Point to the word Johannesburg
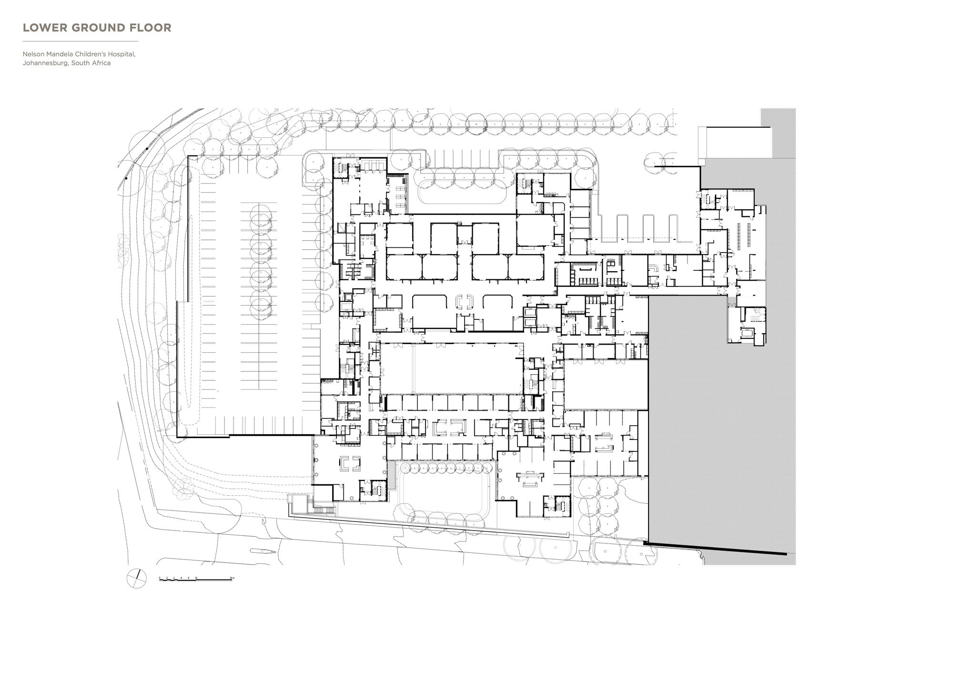click(45, 63)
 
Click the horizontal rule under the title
click(81, 41)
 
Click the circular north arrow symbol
click(137, 578)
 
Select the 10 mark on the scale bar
click(196, 578)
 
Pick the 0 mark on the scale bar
click(160, 578)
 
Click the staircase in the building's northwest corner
click(341, 168)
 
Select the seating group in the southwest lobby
click(350, 463)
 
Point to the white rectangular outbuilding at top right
click(734, 142)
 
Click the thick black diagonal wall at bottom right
click(715, 548)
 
